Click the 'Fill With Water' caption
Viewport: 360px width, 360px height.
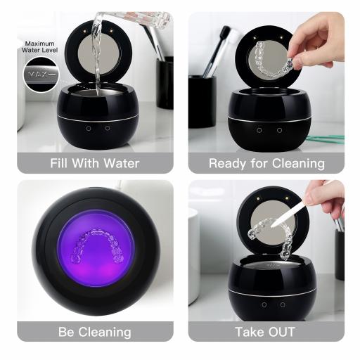(x=95, y=163)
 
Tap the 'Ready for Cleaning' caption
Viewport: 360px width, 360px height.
(x=266, y=163)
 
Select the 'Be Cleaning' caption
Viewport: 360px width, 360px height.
(x=95, y=331)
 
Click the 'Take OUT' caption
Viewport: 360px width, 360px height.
(x=266, y=331)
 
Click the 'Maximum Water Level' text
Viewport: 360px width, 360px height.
(x=41, y=48)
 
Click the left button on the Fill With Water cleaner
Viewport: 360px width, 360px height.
(x=89, y=128)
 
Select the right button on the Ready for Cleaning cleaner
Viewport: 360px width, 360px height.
(x=279, y=130)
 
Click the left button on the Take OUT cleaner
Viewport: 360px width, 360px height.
(x=264, y=304)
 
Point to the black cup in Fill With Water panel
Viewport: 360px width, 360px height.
(x=165, y=81)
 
